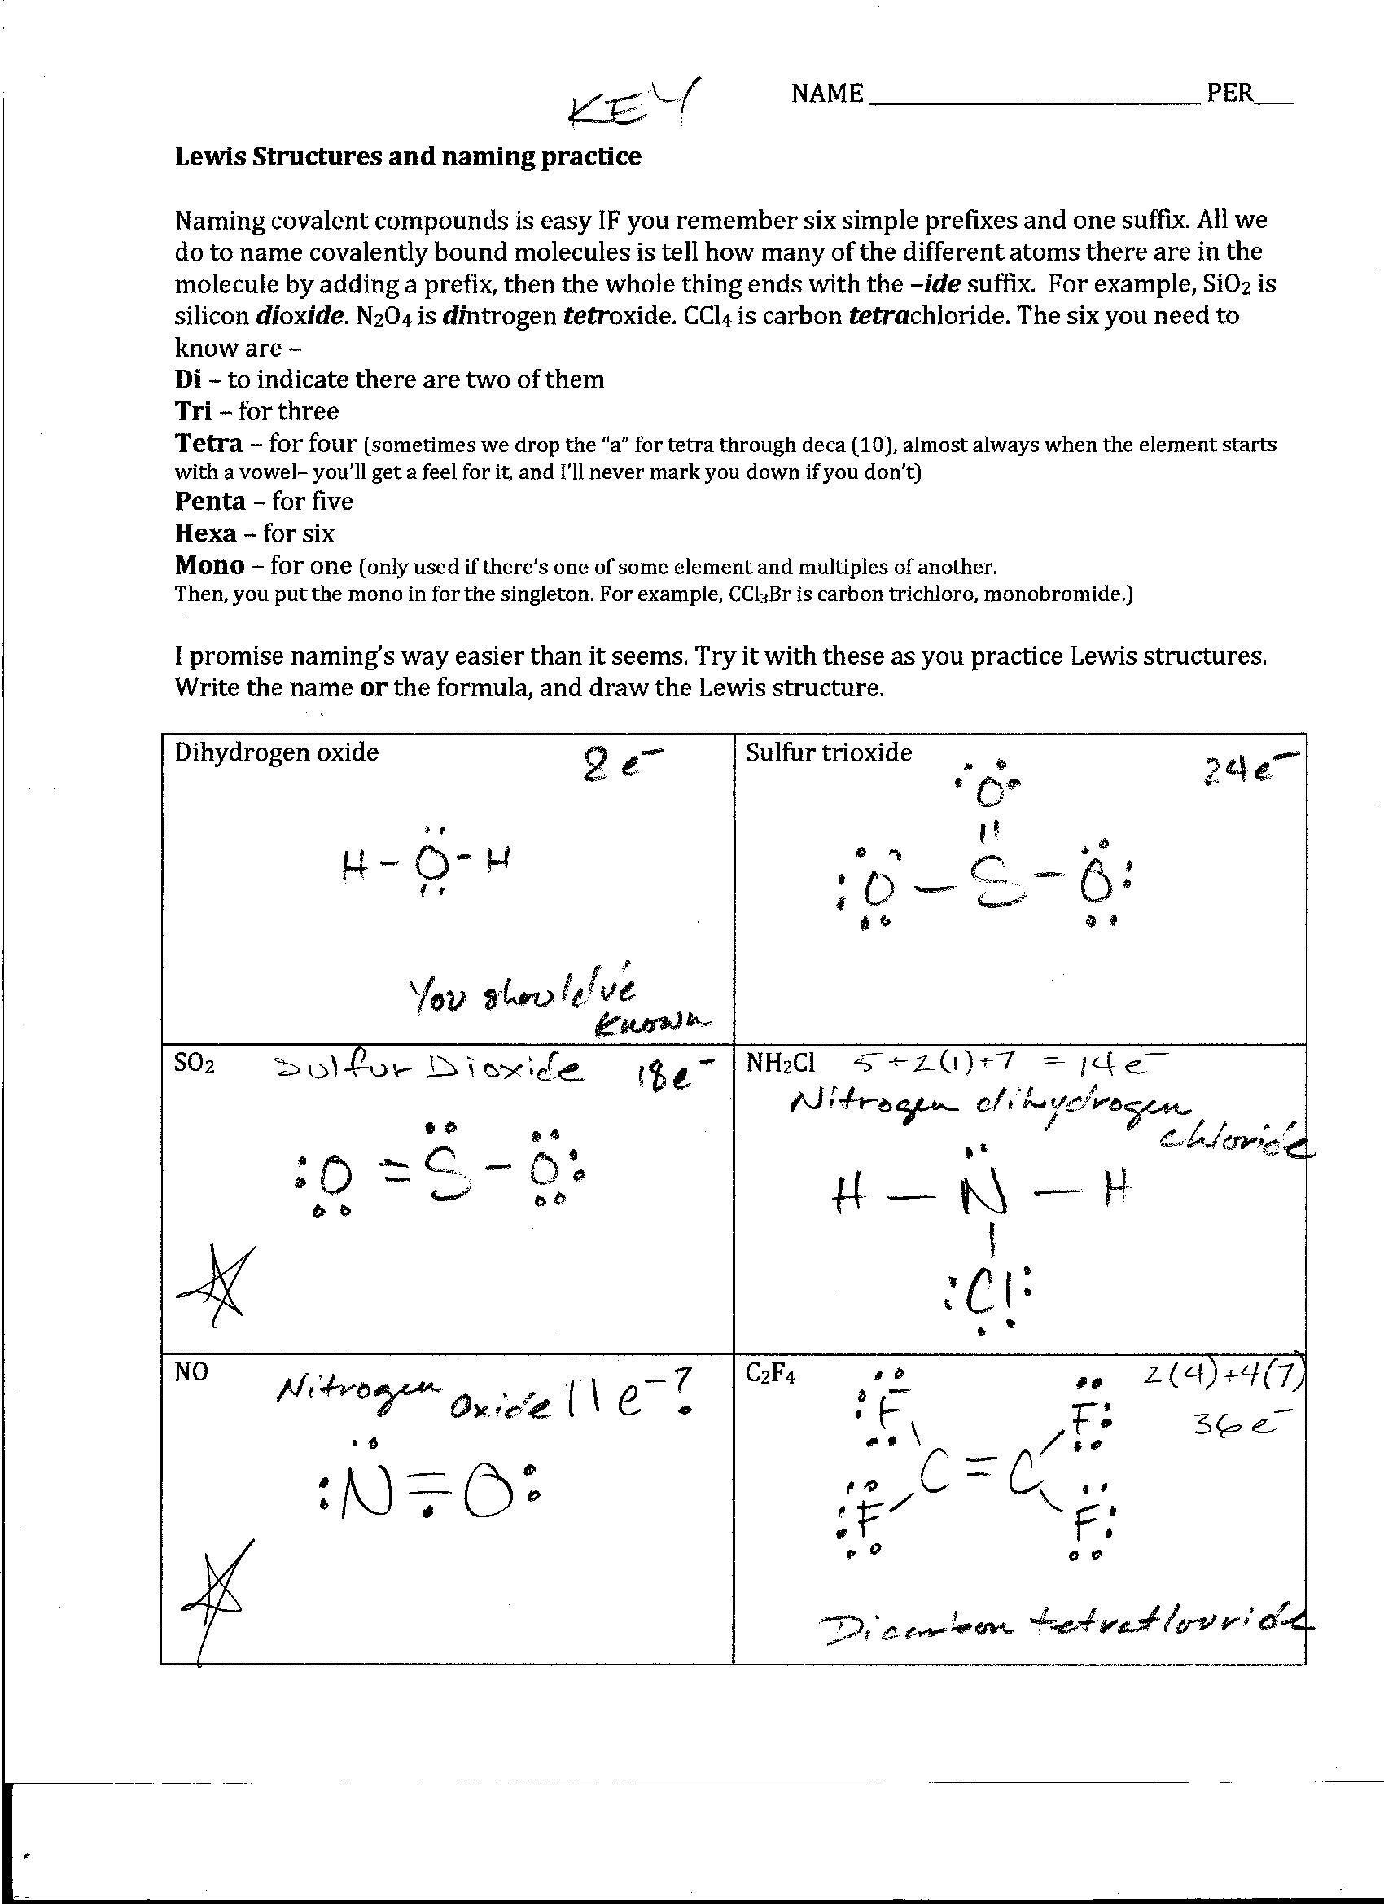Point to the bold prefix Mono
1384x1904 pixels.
tap(210, 565)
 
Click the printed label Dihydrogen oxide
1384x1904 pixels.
tap(276, 752)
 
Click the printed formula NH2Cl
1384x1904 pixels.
tap(780, 1064)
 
